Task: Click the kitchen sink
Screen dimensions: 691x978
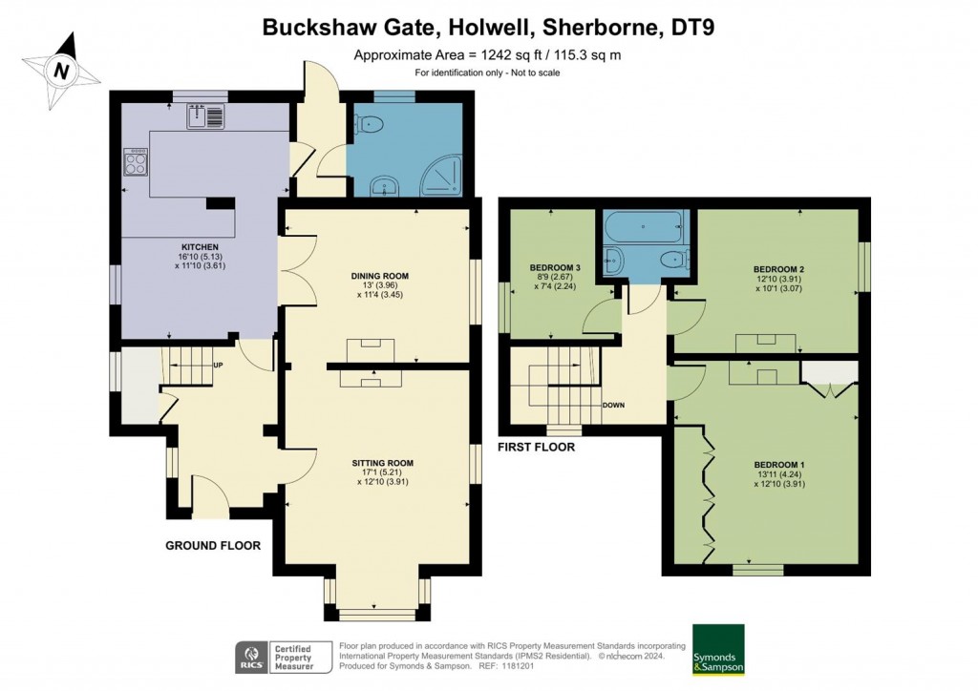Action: pyautogui.click(x=205, y=117)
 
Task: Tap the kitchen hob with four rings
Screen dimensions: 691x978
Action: pyautogui.click(x=135, y=164)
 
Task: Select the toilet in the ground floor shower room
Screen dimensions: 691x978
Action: pyautogui.click(x=369, y=123)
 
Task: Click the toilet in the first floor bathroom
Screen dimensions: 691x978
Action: pyautogui.click(x=674, y=258)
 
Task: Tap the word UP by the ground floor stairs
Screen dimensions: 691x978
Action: pyautogui.click(x=218, y=366)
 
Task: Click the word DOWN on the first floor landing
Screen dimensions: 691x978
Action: pyautogui.click(x=613, y=405)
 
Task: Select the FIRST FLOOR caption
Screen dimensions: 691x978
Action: pyautogui.click(x=537, y=447)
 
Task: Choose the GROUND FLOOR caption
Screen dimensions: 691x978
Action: pyautogui.click(x=213, y=546)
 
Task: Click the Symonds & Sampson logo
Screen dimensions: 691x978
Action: pyautogui.click(x=717, y=649)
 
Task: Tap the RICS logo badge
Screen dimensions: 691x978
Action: pyautogui.click(x=251, y=657)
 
